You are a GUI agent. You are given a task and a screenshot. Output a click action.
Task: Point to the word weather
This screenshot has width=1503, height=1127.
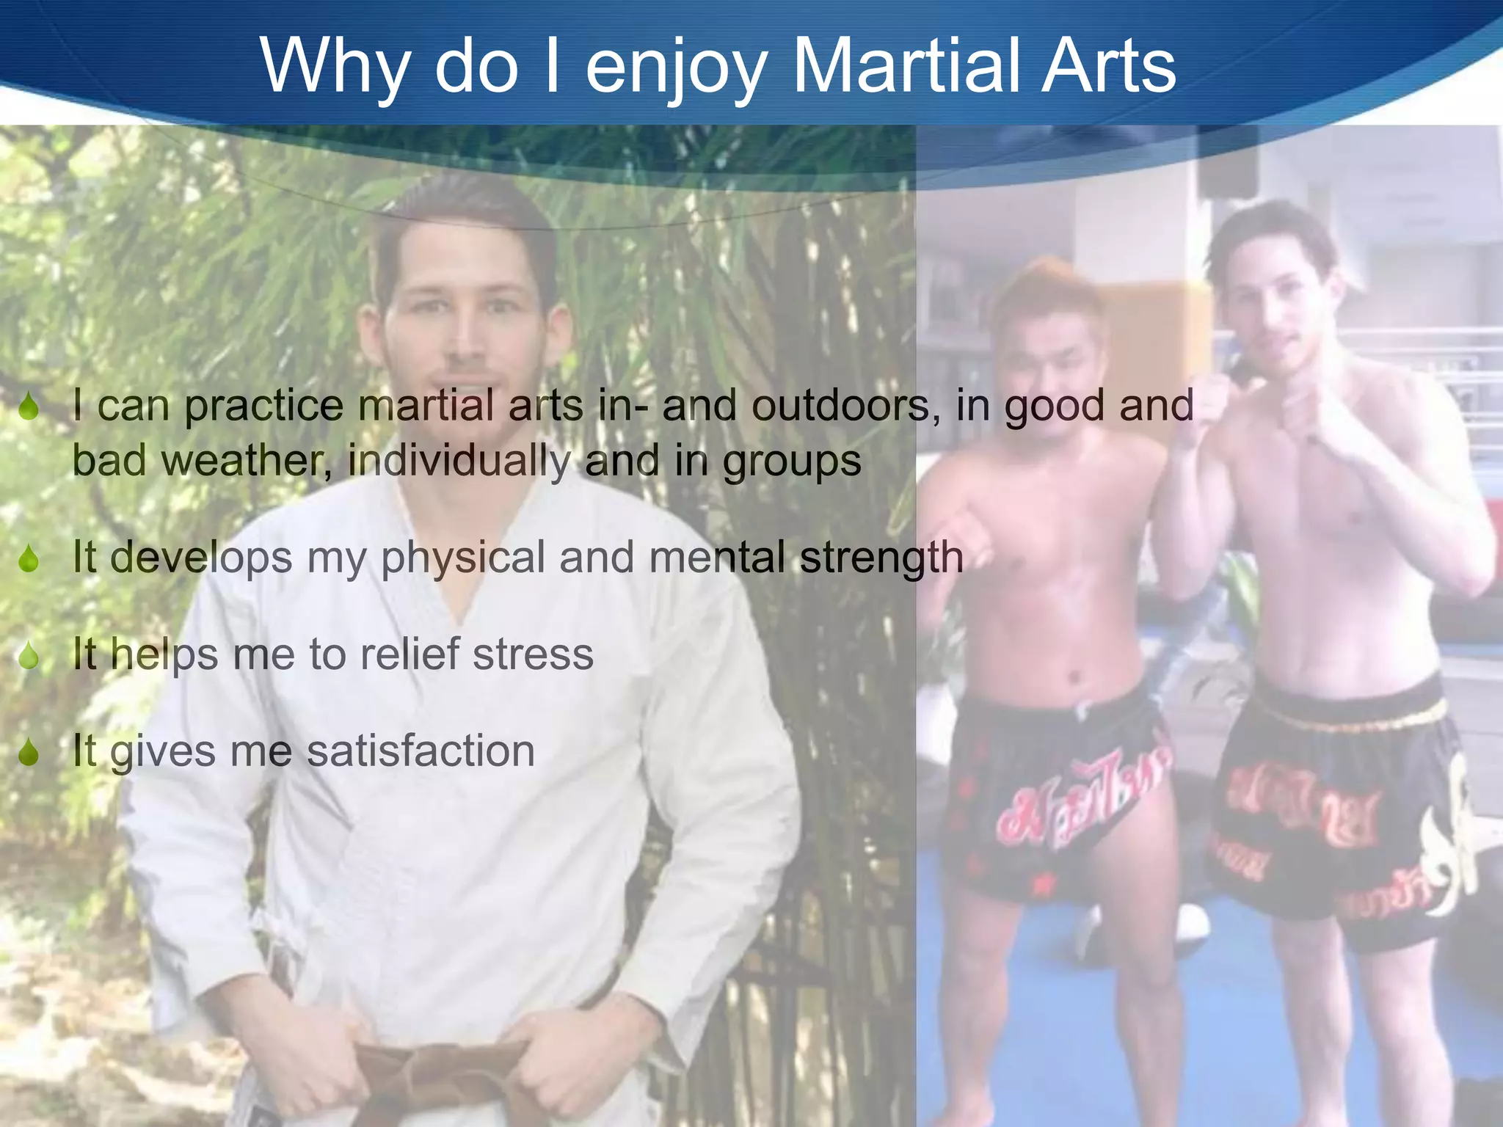(x=242, y=461)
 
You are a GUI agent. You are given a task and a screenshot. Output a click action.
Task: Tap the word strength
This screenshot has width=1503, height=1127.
(x=881, y=558)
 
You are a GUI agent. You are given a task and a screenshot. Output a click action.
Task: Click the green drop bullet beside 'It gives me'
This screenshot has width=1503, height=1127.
(x=29, y=752)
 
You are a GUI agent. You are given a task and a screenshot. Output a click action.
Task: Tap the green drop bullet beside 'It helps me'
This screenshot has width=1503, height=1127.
(x=29, y=655)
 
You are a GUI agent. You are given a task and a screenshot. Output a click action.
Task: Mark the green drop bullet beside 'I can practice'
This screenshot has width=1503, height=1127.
(x=29, y=406)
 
